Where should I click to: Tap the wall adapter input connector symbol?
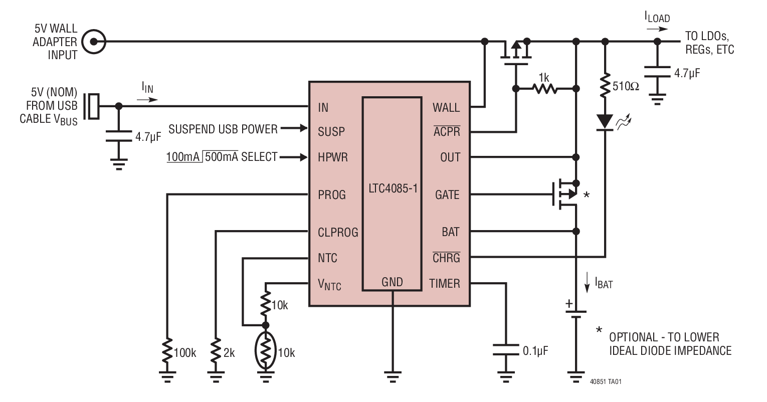pyautogui.click(x=94, y=42)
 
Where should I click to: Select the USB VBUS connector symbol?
pyautogui.click(x=93, y=106)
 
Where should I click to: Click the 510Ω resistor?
pyautogui.click(x=606, y=86)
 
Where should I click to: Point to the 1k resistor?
pyautogui.click(x=544, y=89)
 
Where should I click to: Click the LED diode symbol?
pyautogui.click(x=606, y=122)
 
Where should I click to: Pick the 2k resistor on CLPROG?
pyautogui.click(x=216, y=352)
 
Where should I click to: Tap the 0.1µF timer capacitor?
pyautogui.click(x=505, y=349)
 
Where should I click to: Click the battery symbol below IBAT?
pyautogui.click(x=576, y=313)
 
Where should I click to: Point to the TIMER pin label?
pyautogui.click(x=444, y=284)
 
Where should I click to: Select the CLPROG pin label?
pyautogui.click(x=338, y=233)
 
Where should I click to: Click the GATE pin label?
pyautogui.click(x=447, y=194)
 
